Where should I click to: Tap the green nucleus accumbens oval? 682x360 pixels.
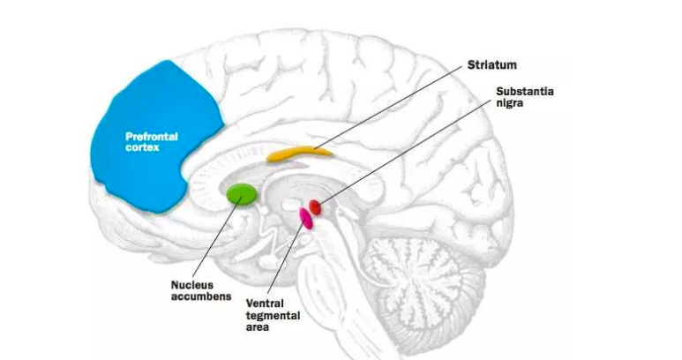[242, 194]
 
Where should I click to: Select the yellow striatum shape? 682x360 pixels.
[299, 154]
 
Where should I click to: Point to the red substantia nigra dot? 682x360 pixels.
[315, 207]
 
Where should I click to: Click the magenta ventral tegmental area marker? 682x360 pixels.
[306, 218]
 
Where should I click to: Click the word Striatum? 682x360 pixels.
[492, 65]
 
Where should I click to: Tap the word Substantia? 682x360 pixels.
[525, 91]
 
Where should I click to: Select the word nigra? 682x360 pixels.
[509, 103]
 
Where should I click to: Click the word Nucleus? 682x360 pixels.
[191, 285]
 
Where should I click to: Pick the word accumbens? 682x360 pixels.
[201, 296]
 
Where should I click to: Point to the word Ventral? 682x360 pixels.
[265, 304]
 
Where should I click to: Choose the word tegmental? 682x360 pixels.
[273, 316]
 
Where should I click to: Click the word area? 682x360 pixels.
[257, 327]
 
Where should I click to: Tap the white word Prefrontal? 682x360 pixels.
[152, 137]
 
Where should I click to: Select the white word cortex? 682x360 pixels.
[142, 148]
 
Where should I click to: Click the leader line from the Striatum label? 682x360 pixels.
[387, 108]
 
